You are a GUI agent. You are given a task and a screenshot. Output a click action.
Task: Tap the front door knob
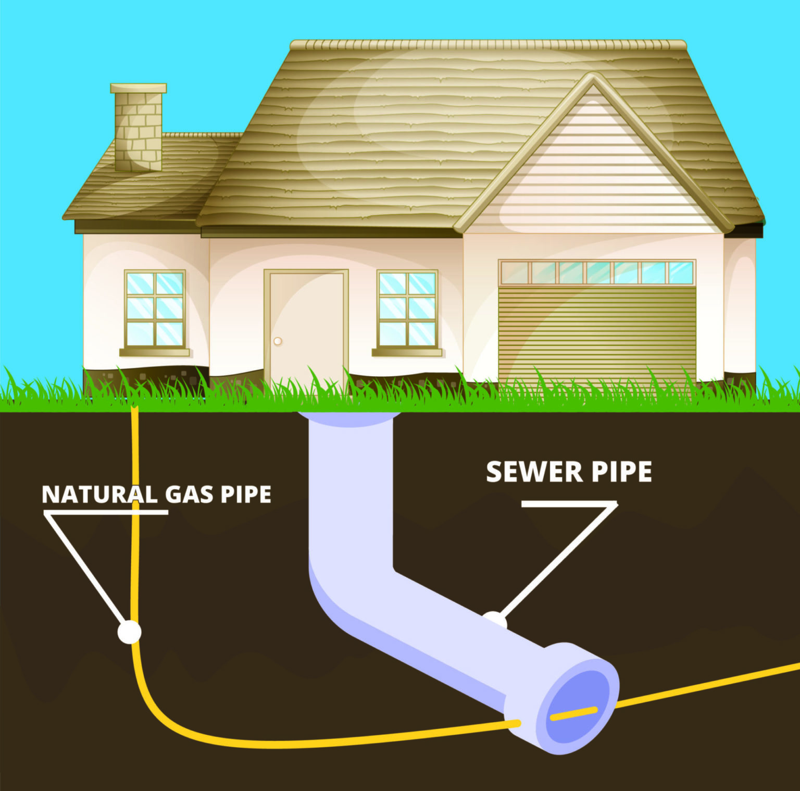tap(278, 341)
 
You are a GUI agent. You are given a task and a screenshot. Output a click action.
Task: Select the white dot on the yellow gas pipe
tap(129, 632)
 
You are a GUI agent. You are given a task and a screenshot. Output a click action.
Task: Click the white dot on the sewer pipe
tap(495, 620)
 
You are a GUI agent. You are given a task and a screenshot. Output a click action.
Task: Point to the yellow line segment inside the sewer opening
tap(573, 713)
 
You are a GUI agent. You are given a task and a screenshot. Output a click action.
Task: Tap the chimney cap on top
tap(138, 88)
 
